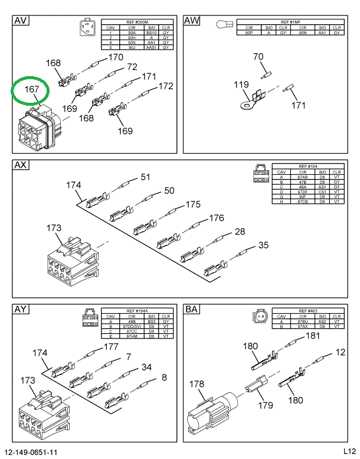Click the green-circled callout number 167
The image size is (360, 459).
coord(32,90)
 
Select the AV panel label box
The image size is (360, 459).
coord(21,21)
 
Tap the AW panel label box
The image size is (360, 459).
coord(192,21)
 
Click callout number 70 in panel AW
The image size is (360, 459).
coord(258,57)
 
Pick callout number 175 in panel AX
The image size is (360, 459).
coord(193,205)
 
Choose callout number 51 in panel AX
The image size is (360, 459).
coord(145,177)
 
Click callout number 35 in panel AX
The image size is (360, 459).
coord(263,245)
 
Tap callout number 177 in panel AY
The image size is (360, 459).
coord(112,347)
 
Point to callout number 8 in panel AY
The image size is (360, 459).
coord(164,377)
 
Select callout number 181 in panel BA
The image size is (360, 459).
coord(312,336)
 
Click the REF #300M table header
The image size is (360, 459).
coord(137,22)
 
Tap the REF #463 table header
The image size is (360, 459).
coord(307,311)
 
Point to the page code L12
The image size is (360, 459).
coord(349,452)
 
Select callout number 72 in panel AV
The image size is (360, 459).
coord(132,67)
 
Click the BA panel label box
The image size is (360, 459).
coord(192,309)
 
